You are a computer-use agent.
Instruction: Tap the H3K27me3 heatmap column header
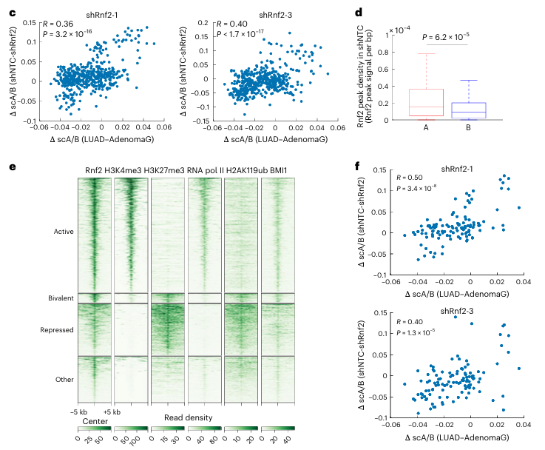pos(167,171)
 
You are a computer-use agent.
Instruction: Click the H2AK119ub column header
pos(244,171)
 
